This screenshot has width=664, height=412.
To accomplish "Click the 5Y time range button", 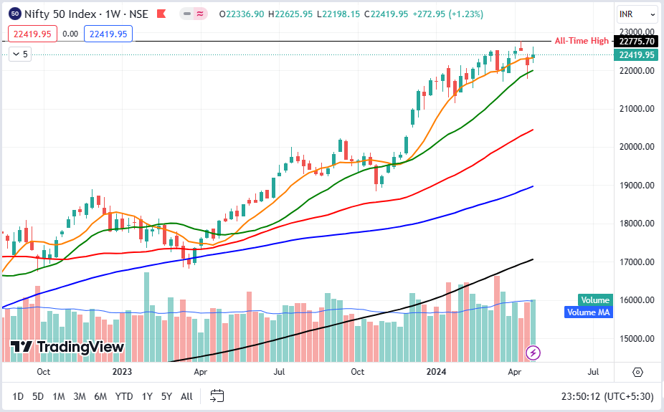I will pyautogui.click(x=166, y=396).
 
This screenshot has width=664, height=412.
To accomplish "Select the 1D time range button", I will pyautogui.click(x=18, y=396).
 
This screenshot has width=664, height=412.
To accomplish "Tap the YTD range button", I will pyautogui.click(x=124, y=396).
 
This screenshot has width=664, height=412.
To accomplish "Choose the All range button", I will pyautogui.click(x=186, y=396).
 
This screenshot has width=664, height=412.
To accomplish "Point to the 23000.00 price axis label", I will pyautogui.click(x=638, y=32).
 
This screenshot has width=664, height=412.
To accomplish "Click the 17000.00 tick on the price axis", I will pyautogui.click(x=638, y=262).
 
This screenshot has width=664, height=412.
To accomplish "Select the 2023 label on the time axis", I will pyautogui.click(x=123, y=372).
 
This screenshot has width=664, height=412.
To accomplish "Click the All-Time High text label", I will pyautogui.click(x=582, y=41).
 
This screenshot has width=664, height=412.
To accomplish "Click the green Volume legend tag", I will pyautogui.click(x=595, y=300).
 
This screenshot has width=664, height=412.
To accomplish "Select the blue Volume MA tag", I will pyautogui.click(x=588, y=312).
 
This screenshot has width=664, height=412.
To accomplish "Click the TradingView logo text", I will pyautogui.click(x=80, y=348).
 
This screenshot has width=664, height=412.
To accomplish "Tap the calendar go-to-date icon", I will pyautogui.click(x=217, y=396).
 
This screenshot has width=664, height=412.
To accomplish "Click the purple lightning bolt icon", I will pyautogui.click(x=533, y=352).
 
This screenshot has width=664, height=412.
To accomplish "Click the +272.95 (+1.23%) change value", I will pyautogui.click(x=449, y=14).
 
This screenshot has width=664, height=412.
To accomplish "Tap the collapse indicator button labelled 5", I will pyautogui.click(x=20, y=54).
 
